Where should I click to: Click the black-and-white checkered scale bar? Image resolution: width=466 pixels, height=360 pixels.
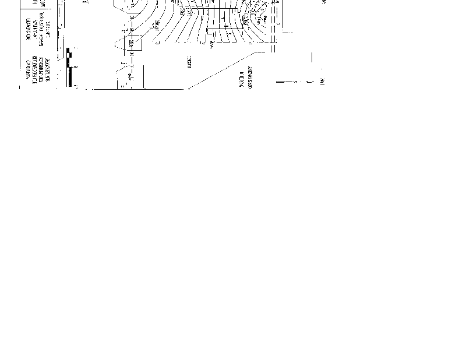tap(70, 68)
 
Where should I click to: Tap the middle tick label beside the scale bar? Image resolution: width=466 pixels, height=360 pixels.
tap(77, 67)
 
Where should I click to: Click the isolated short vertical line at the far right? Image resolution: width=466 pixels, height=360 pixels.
tap(312, 58)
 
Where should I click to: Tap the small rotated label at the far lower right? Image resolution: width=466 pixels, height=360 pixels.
tap(322, 82)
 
